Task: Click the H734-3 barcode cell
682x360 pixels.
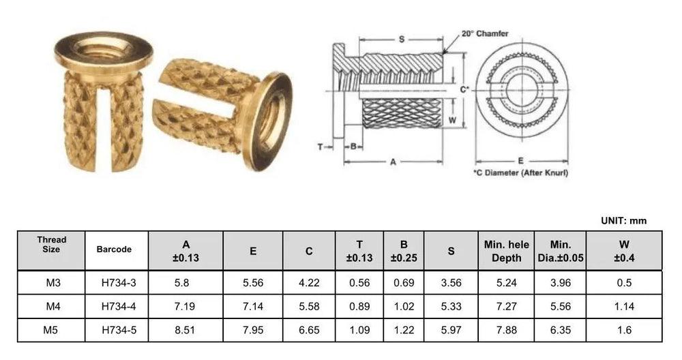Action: click(119, 282)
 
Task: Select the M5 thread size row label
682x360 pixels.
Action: click(50, 330)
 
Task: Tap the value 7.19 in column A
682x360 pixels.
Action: click(185, 306)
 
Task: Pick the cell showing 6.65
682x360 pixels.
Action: click(309, 330)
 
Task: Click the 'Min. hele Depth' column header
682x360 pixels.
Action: click(506, 251)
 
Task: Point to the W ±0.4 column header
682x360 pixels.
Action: click(624, 251)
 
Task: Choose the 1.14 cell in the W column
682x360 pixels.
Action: click(624, 306)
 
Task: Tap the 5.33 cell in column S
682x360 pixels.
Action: click(451, 306)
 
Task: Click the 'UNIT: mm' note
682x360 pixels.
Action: click(624, 220)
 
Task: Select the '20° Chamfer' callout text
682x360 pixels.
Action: click(484, 33)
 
